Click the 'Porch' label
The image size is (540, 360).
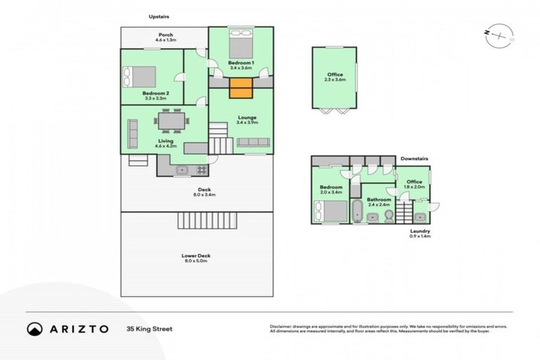click(x=165, y=35)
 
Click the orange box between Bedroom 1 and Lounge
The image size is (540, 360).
click(x=240, y=90)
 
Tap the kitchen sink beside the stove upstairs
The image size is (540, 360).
click(x=181, y=169)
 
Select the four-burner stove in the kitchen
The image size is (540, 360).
click(x=200, y=169)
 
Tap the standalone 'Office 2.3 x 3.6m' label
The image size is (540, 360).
click(x=335, y=77)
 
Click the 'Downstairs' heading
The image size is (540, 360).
click(x=414, y=159)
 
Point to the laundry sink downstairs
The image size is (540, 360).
click(x=420, y=217)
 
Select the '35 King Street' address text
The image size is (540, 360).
click(x=149, y=328)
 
